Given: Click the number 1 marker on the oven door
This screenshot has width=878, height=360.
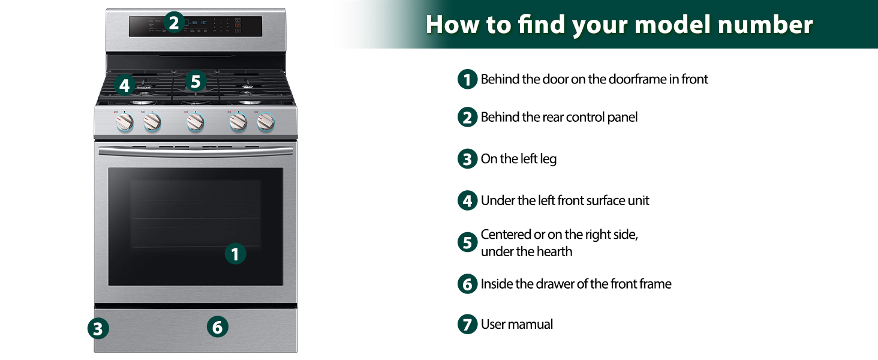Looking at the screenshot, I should tap(235, 254).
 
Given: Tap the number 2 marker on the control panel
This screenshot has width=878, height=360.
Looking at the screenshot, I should tap(173, 23).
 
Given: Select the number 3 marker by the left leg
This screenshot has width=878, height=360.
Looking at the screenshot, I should tap(98, 328).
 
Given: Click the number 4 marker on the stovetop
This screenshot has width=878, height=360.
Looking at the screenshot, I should tap(124, 85).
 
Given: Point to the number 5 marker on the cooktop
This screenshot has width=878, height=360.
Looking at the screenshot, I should tap(196, 81).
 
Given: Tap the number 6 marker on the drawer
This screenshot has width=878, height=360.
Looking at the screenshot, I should tap(217, 327).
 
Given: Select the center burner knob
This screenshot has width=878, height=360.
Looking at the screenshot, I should tap(195, 122).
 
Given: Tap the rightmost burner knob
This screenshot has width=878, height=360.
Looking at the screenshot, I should tap(266, 122).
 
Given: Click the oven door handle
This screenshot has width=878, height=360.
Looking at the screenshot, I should tap(196, 152).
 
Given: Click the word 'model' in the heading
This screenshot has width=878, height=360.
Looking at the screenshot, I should tap(639, 25).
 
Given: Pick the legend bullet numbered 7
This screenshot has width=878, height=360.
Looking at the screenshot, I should tap(467, 325).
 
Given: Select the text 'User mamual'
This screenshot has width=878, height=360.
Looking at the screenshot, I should tap(517, 325).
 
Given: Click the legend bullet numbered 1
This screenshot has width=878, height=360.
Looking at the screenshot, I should tap(467, 79).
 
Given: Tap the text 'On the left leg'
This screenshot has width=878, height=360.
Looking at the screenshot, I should tap(519, 159).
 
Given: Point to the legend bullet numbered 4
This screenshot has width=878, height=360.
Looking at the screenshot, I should tap(467, 200).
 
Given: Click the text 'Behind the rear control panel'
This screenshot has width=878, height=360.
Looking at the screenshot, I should tap(559, 117).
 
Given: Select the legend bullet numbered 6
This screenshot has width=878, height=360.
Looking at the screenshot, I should tap(467, 284).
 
